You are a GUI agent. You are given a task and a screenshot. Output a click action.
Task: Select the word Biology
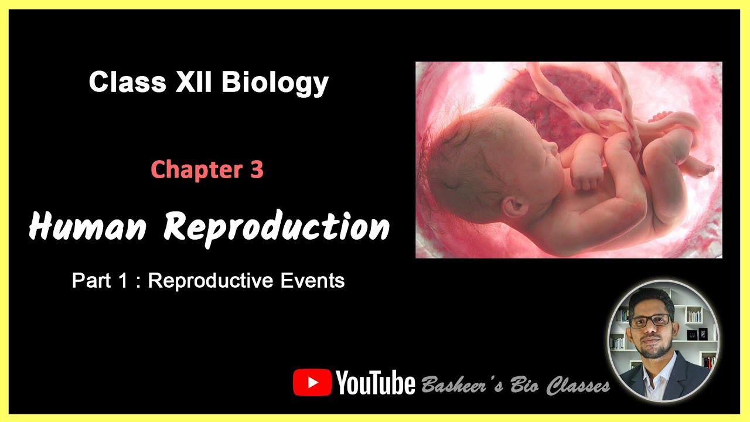pos(275,83)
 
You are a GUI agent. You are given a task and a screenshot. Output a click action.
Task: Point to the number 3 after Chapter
pos(256,169)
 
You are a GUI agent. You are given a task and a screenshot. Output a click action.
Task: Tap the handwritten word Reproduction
pos(277,227)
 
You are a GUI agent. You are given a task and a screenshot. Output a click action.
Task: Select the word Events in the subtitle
pos(312,281)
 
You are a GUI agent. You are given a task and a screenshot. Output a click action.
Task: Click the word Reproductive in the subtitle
pos(210,281)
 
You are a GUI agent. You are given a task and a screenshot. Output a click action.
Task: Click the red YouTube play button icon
pos(312,382)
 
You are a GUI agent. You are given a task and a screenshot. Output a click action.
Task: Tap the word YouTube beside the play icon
pos(376,383)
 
